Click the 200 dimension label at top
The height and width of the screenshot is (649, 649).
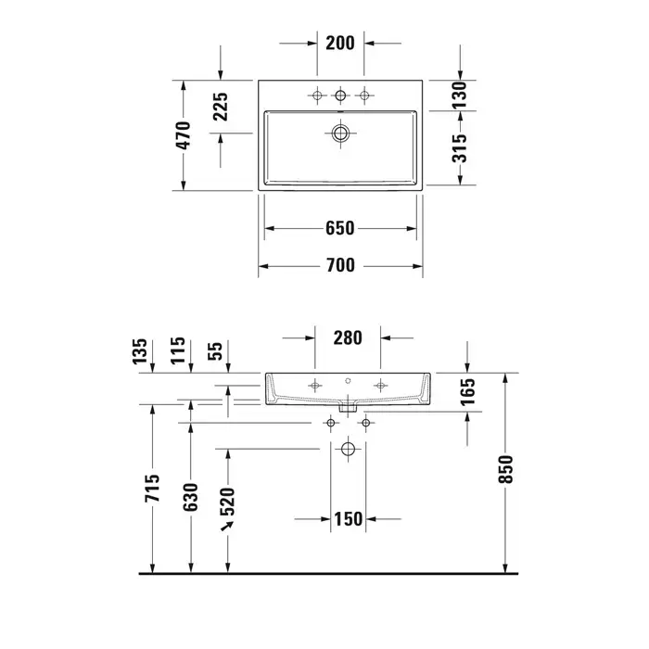click(x=340, y=43)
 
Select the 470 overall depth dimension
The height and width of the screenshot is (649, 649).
click(x=184, y=135)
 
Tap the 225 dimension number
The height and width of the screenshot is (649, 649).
click(x=221, y=107)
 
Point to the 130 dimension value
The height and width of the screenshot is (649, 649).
click(x=460, y=95)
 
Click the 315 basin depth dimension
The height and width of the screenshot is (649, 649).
click(x=460, y=148)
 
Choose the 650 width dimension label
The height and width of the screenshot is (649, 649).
click(x=340, y=228)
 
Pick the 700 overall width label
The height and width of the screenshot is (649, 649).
click(x=340, y=265)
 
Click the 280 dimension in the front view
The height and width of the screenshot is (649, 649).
click(x=348, y=337)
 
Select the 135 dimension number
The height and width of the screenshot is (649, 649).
click(x=140, y=351)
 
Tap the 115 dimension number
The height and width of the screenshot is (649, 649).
click(x=178, y=350)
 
